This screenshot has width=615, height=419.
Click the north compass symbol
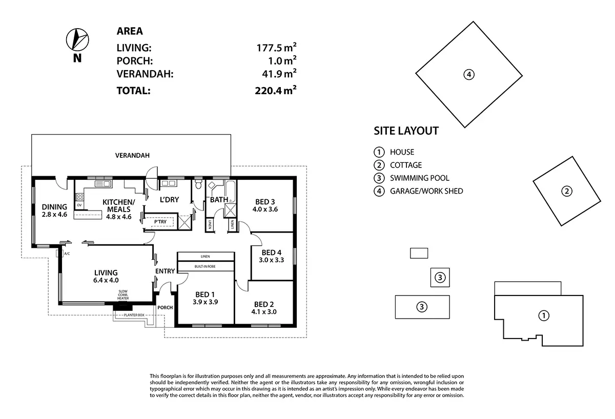click(77, 38)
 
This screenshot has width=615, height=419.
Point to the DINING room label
click(54, 207)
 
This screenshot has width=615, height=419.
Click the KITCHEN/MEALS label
click(118, 205)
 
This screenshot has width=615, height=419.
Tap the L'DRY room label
click(169, 199)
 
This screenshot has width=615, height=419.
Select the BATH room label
click(219, 199)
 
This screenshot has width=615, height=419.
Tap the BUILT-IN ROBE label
click(206, 266)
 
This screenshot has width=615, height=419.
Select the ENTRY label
click(165, 271)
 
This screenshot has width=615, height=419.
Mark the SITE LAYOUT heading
click(406, 131)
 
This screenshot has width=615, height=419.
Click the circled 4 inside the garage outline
click(468, 75)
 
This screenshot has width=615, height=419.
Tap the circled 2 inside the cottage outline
click(567, 192)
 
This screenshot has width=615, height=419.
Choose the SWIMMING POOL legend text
click(419, 178)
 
